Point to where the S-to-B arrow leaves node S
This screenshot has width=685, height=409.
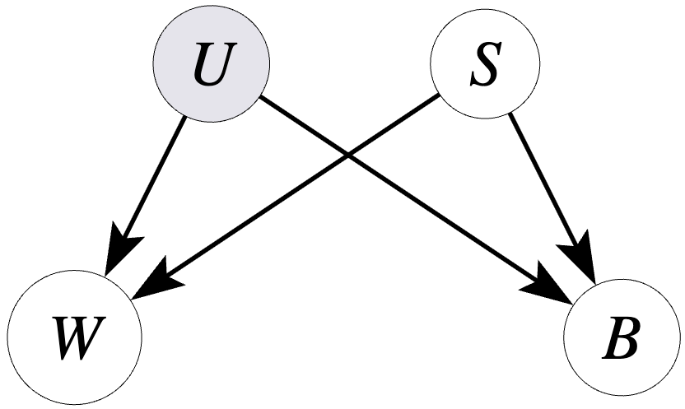[x=510, y=113]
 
